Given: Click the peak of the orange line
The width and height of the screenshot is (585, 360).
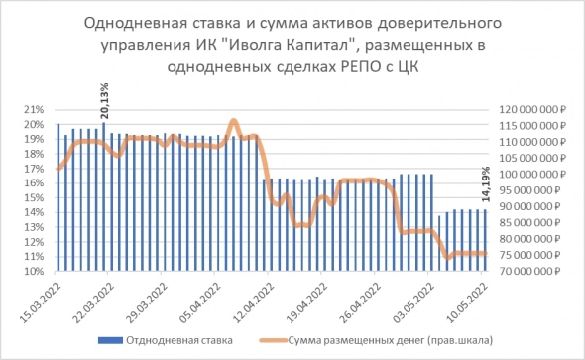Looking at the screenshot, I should click(234, 121).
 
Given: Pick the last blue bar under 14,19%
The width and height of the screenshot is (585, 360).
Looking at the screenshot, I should click(486, 240).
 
